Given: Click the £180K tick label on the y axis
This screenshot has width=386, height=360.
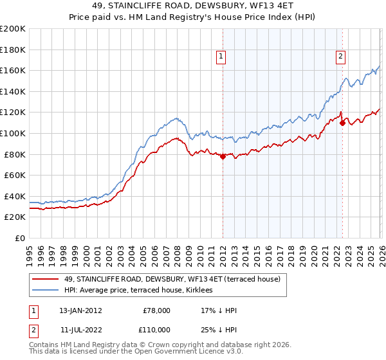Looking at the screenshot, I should click(13, 50).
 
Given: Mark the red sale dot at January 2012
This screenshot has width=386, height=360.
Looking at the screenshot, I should click(223, 156).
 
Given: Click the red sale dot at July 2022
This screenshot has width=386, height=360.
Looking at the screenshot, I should click(342, 123).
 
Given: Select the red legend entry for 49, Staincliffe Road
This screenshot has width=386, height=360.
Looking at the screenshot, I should click(172, 280).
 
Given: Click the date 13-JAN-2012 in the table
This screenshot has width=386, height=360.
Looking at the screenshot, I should click(80, 310).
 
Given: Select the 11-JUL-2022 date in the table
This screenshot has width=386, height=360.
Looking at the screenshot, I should click(80, 329).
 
